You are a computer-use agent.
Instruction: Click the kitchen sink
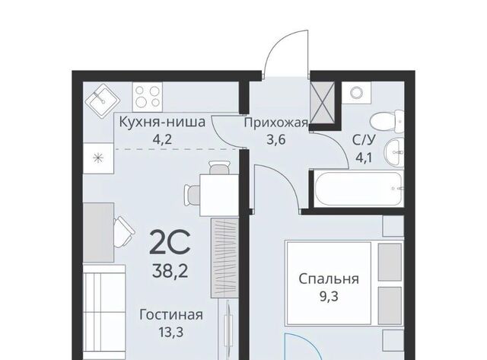(x=103, y=100)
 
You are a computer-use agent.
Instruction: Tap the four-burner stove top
(x=148, y=97)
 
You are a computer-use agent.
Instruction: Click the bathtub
(x=359, y=188)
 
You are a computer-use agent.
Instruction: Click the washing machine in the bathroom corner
(x=356, y=93)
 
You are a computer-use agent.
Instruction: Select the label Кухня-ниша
(x=162, y=122)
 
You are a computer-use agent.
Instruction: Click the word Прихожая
(x=275, y=123)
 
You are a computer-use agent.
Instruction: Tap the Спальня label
(x=329, y=279)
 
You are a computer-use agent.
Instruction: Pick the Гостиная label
(x=171, y=314)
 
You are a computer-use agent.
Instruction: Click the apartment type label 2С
(x=170, y=243)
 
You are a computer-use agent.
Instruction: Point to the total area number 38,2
(x=170, y=272)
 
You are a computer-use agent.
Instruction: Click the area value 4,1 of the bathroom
(x=364, y=158)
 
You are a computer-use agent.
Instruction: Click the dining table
(x=219, y=195)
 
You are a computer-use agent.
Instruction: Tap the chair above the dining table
(x=219, y=167)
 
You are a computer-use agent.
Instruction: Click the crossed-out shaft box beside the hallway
(x=323, y=103)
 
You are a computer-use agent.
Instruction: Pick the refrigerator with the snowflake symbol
(x=98, y=158)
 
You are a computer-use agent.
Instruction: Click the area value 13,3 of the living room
(x=171, y=333)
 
